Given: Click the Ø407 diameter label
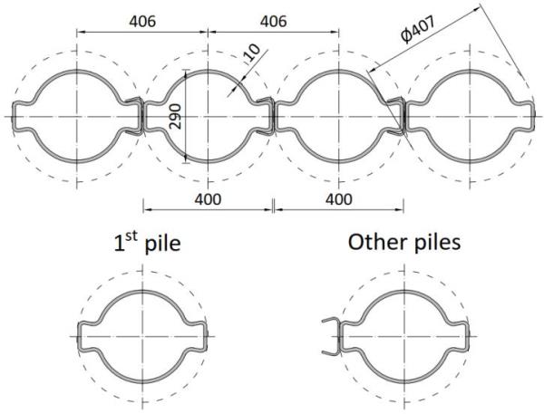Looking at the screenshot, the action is point(417,30).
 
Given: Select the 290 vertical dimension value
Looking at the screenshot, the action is point(176,117).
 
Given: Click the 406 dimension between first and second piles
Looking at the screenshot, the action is point(142,22).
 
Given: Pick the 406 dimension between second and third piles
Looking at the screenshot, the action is point(274,22).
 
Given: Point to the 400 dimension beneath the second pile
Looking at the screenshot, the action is point(208,199).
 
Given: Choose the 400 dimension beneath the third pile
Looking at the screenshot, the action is point(339,199).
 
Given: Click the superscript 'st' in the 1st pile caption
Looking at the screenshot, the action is point(131,237).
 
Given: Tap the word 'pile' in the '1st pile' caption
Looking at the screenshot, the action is point(162,244).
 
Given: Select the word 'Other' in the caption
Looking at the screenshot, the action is point(379,242).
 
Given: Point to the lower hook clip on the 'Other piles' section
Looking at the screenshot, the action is point(330,352).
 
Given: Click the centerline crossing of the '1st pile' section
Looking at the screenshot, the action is point(142,336).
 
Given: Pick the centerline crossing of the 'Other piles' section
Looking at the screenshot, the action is point(404,336).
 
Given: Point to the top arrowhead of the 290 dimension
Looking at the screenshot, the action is point(186,72).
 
